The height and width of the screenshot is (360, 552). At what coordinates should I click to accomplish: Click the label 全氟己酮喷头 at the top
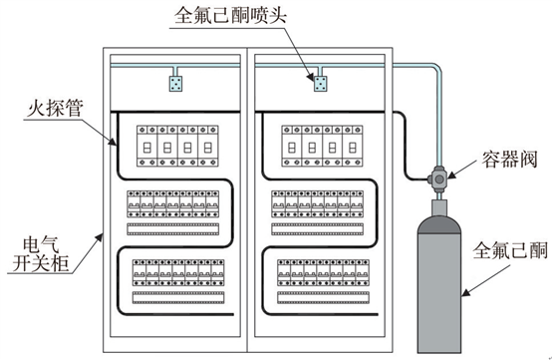pos(230,15)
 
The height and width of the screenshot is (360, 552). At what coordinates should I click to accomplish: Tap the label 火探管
pos(55,108)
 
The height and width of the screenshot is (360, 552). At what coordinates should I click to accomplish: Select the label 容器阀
pos(509,160)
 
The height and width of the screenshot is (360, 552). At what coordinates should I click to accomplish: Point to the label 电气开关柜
pos(41,254)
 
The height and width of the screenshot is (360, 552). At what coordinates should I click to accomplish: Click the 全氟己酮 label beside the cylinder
pos(510,250)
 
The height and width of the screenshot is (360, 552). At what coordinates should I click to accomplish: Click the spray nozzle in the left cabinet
pos(175,84)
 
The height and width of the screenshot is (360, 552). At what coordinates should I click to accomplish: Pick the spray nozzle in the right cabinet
pos(320,84)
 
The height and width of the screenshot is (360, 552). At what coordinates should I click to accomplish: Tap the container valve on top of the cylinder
pos(439,180)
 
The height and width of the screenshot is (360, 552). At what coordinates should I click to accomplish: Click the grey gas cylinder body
pos(439,282)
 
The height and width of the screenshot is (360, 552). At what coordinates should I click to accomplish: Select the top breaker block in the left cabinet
pos(177,146)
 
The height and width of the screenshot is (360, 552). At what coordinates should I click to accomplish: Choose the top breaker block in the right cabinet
pos(322,146)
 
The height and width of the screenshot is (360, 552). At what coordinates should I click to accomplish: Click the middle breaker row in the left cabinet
pos(172,204)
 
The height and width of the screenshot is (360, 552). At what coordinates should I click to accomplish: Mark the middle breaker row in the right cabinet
pos(317,204)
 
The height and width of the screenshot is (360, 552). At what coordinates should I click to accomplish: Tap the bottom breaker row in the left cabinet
pos(178,272)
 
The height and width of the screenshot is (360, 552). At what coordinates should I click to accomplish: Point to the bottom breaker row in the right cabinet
pos(323,272)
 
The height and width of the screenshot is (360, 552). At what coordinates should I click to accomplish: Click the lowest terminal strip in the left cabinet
pos(178,297)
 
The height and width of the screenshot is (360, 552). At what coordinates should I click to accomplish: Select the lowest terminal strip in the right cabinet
pos(323,297)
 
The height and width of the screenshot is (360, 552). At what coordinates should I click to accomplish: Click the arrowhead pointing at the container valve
pos(452,174)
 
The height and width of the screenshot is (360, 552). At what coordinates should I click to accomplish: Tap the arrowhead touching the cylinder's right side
pos(466,292)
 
